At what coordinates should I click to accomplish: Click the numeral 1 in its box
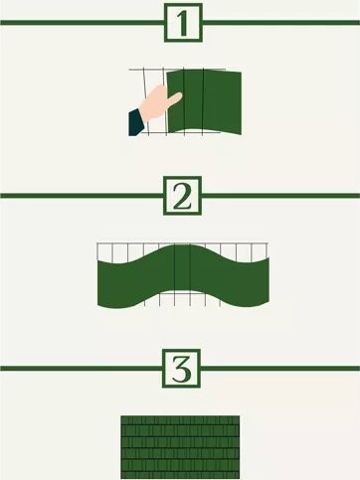click(183, 23)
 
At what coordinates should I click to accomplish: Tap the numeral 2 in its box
click(182, 196)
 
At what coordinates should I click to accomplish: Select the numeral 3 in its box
click(182, 369)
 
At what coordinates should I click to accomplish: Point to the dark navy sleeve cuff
click(136, 122)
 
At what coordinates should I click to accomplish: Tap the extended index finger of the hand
click(173, 98)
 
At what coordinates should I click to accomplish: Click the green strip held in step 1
click(204, 102)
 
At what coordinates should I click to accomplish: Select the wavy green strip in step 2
click(183, 276)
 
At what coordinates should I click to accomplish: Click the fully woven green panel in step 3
click(180, 447)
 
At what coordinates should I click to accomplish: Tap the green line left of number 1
click(83, 23)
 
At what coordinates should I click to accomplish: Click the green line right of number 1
click(281, 23)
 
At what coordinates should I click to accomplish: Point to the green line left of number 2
click(82, 196)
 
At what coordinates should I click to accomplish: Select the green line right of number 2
click(280, 196)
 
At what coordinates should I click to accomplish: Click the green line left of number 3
click(82, 369)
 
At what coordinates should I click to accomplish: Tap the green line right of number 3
click(280, 369)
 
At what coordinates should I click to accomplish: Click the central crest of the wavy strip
click(183, 245)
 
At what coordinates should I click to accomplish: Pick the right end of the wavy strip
click(269, 280)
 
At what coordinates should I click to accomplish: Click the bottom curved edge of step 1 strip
click(205, 130)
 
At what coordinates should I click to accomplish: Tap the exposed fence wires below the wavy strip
click(183, 299)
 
